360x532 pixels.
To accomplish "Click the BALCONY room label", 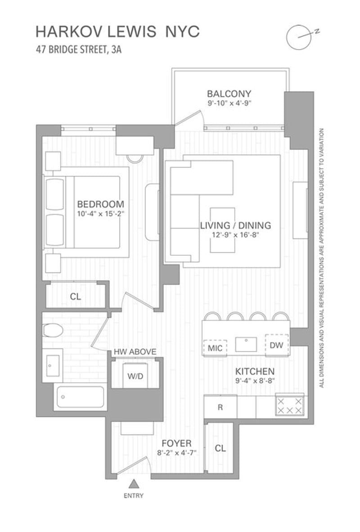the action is click(229, 93).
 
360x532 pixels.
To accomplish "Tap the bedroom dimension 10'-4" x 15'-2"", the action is click(100, 214).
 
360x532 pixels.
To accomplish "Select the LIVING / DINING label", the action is click(235, 225).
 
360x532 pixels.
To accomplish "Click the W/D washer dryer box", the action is click(135, 376).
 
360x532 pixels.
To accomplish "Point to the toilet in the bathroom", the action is click(53, 330).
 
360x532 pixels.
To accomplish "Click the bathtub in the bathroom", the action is click(81, 397).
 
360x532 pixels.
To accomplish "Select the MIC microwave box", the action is click(215, 348).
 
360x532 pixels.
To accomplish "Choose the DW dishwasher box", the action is click(276, 345).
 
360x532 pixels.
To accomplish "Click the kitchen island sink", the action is click(246, 344).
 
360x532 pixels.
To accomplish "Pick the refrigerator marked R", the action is click(220, 407).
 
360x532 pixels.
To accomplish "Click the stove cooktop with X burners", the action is click(290, 406).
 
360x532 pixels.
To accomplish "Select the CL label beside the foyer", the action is click(220, 448).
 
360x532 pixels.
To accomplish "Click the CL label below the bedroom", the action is click(76, 296).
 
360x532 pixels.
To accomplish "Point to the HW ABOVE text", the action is click(135, 352).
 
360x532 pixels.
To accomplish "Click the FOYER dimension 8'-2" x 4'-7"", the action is click(176, 452).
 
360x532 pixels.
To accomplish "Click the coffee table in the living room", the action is click(222, 230).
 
